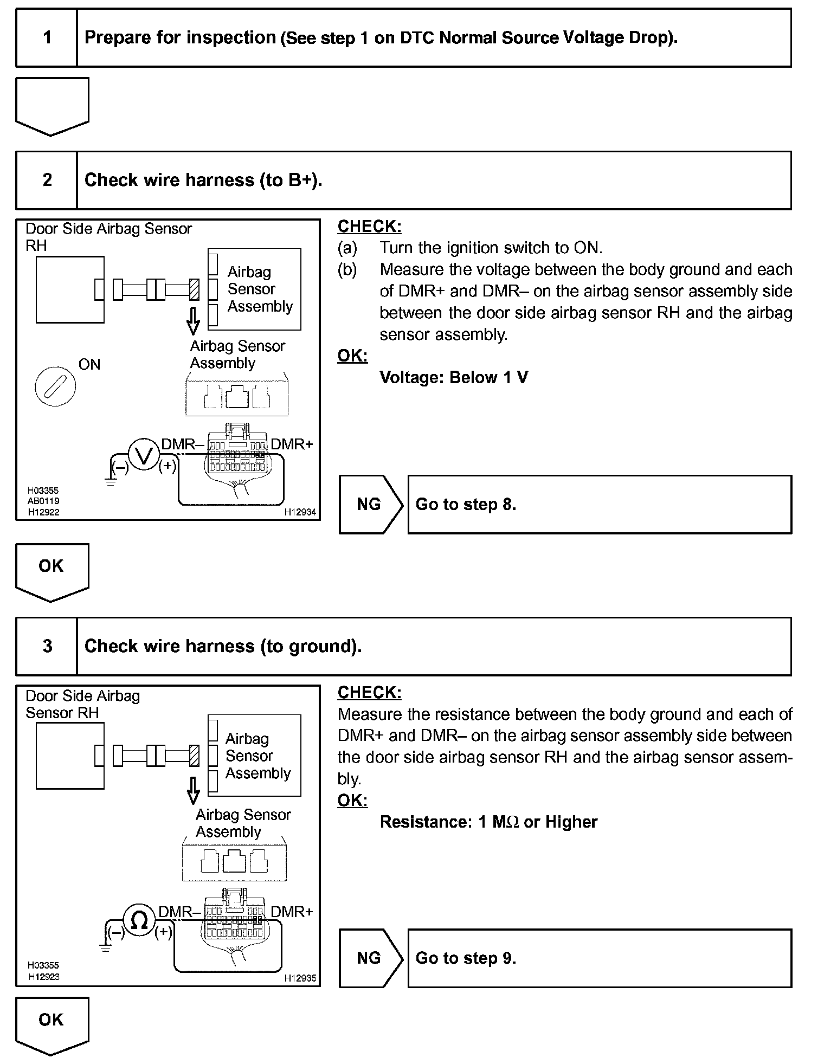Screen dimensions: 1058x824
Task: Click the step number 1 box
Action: click(47, 38)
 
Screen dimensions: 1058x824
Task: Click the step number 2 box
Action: click(47, 180)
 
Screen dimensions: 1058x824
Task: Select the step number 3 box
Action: click(47, 646)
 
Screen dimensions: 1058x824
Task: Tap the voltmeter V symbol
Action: click(144, 456)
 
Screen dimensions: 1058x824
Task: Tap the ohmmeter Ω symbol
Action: click(139, 920)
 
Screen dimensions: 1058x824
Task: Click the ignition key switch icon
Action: click(55, 386)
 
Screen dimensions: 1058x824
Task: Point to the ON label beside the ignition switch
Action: click(89, 365)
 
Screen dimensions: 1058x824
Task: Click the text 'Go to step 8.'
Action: click(466, 505)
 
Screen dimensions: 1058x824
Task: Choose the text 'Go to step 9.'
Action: click(466, 958)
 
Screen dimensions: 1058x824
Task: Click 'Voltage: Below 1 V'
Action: click(454, 377)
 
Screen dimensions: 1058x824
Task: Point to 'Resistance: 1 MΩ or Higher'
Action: click(488, 822)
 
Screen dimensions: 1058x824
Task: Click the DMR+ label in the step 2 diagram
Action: click(292, 444)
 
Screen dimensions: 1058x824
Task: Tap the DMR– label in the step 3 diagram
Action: click(175, 912)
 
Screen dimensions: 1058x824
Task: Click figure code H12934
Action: click(300, 512)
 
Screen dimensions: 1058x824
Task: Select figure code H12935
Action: click(300, 978)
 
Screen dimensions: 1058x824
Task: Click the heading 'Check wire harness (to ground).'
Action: click(223, 646)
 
